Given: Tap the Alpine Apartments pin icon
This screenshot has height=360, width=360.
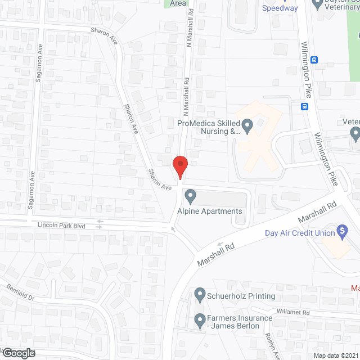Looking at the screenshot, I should (x=190, y=196).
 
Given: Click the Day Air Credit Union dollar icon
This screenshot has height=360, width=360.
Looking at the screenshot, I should (x=341, y=231).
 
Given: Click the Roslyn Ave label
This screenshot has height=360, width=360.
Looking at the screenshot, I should (x=269, y=343).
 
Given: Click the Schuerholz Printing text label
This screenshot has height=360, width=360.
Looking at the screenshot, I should (x=242, y=296).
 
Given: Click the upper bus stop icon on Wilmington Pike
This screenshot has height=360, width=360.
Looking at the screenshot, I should (x=314, y=60).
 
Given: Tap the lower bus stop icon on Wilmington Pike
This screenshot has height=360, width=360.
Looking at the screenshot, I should (x=304, y=106).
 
